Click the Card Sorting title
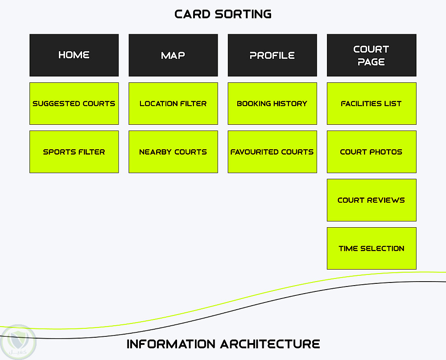pos(223,14)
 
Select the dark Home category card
pos(74,55)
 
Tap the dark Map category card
pos(173,55)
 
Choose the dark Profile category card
pos(272,55)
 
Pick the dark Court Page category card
pos(371,55)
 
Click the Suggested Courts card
pos(74,103)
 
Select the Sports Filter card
pos(74,151)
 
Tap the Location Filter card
pos(173,103)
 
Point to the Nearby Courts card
pos(173,151)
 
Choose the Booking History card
pos(272,103)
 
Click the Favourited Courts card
pos(272,151)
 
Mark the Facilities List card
pos(371,103)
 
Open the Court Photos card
pos(371,151)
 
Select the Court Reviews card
pos(371,200)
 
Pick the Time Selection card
pos(371,248)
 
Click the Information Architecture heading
pos(223,344)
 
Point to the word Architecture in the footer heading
pos(270,344)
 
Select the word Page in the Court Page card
pos(371,62)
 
